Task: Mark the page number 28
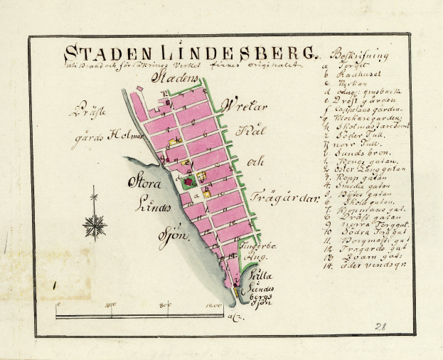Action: click(380, 326)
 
